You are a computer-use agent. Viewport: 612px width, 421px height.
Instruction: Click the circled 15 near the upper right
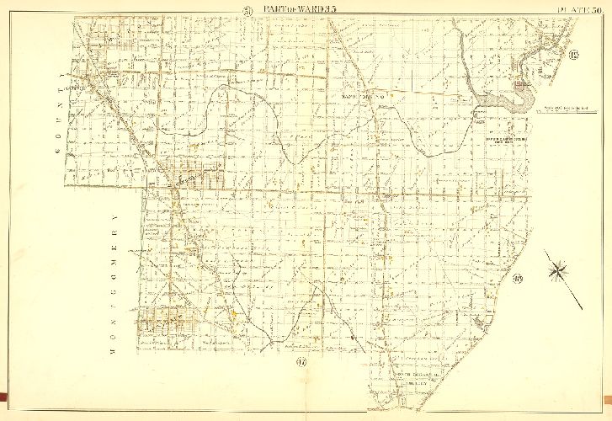[x=573, y=56]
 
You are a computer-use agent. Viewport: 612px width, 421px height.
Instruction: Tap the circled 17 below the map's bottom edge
[x=301, y=363]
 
